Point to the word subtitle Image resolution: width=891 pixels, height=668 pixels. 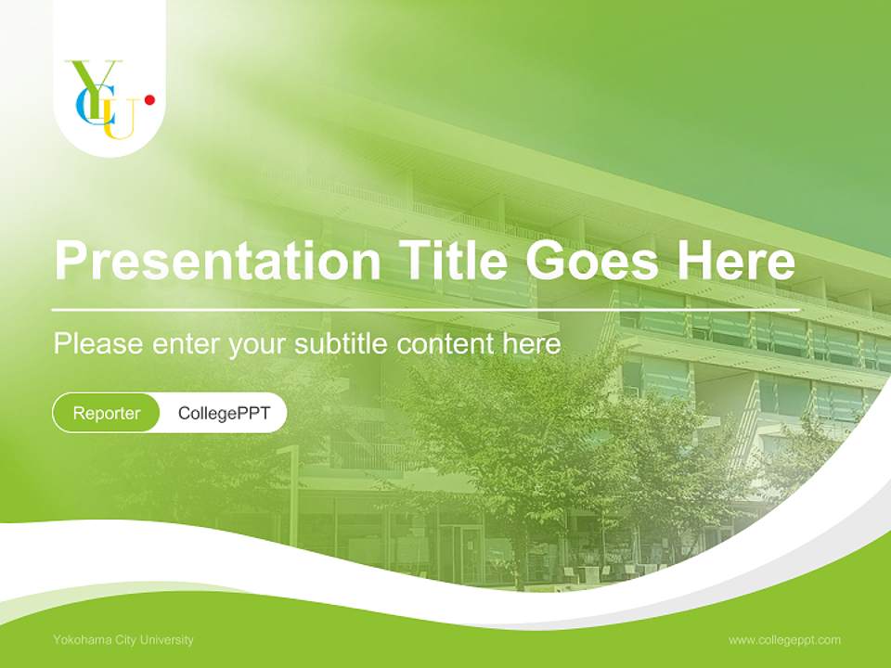coord(343,344)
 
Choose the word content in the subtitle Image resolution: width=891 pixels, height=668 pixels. coord(446,344)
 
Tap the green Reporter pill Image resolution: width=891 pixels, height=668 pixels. coord(106,413)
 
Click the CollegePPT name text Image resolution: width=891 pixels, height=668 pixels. coord(224,413)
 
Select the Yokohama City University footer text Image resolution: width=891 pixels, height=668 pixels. coord(123,639)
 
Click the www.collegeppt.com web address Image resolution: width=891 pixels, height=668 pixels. coord(784,639)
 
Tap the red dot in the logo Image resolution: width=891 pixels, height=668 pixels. coord(149,99)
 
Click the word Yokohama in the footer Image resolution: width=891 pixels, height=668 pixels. coord(80,639)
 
